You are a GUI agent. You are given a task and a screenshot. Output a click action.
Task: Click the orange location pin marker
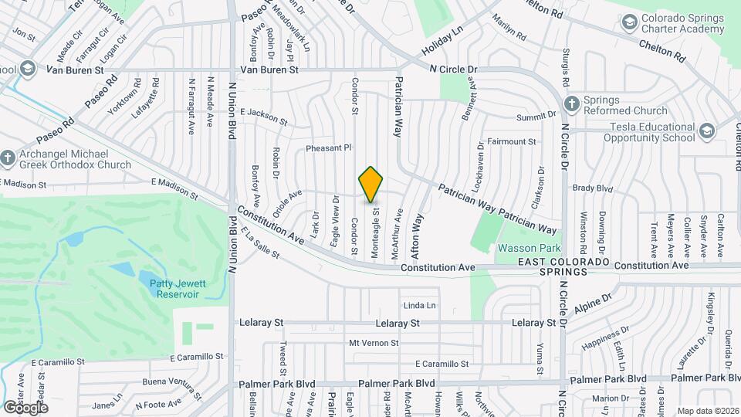tap(371, 185)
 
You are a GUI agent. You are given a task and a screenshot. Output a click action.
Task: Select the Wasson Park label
tap(529, 248)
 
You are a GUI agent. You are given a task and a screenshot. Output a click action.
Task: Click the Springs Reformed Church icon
tap(572, 103)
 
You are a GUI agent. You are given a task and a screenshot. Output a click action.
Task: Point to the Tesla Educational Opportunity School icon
tap(706, 131)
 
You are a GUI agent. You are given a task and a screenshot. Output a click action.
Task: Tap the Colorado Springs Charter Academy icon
tap(630, 24)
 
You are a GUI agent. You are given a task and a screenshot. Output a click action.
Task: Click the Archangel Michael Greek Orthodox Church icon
tap(8, 158)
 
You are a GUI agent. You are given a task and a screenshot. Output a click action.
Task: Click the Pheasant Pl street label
tap(329, 147)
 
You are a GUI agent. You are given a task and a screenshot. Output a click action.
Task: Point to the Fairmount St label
tap(512, 142)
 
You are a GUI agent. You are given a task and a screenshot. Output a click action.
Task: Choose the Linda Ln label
tap(420, 306)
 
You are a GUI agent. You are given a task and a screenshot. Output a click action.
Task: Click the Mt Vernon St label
tap(374, 343)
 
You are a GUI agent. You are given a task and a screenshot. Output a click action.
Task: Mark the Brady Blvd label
tap(592, 188)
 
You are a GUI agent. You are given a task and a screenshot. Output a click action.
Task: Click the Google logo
tap(25, 407)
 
